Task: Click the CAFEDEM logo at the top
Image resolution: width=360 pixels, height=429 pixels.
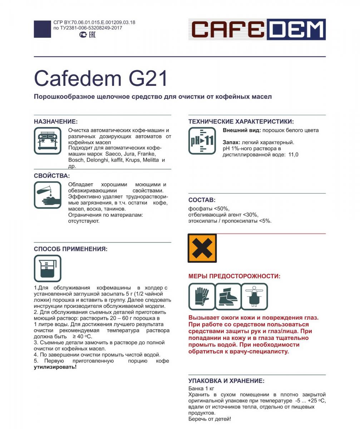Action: [257, 29]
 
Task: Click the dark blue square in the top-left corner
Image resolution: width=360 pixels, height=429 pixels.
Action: [42, 29]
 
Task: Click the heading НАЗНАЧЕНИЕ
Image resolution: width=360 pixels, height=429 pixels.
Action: [56, 122]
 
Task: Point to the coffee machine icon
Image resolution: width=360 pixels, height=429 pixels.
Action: [48, 140]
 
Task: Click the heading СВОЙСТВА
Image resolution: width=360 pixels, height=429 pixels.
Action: [52, 176]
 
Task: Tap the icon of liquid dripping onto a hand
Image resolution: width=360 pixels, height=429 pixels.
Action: [48, 195]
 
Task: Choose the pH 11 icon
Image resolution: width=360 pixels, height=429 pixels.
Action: [202, 140]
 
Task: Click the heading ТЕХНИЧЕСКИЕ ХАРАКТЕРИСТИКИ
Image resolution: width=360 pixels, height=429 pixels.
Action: [241, 122]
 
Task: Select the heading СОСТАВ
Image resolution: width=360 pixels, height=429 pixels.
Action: [202, 200]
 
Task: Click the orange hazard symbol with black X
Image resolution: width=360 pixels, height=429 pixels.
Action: [202, 248]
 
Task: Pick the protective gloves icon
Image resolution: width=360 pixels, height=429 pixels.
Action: [202, 296]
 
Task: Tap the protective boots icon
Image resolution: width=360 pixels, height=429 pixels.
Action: [228, 296]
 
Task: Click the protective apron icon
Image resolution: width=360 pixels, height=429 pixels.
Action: [255, 296]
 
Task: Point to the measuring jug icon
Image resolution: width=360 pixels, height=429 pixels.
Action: [48, 268]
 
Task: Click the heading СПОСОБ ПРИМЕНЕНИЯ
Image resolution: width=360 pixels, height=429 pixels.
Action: [70, 249]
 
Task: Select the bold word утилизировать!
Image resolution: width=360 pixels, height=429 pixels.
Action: [55, 367]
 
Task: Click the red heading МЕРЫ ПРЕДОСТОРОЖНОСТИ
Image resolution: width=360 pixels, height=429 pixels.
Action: [234, 276]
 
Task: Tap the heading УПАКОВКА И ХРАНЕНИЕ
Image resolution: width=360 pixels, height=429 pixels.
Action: [226, 381]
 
